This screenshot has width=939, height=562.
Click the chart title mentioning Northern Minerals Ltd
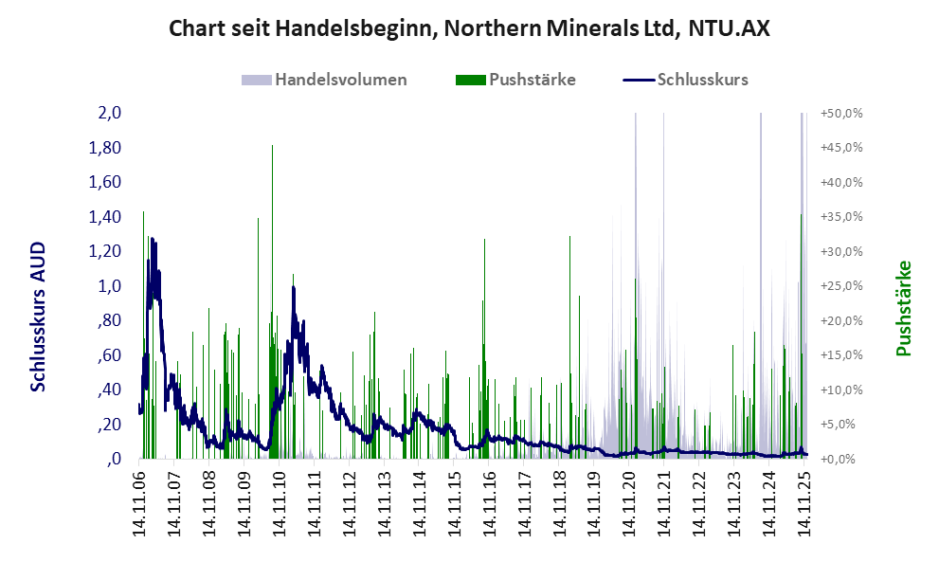pyautogui.click(x=469, y=28)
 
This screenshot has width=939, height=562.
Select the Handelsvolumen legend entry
pyautogui.click(x=340, y=80)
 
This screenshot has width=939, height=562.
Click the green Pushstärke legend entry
pyautogui.click(x=532, y=80)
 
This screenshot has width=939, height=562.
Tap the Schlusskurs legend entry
pyautogui.click(x=702, y=80)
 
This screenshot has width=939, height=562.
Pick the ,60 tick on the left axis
pyautogui.click(x=108, y=355)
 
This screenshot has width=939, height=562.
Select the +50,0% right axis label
pyautogui.click(x=841, y=113)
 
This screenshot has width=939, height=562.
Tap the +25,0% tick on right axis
pyautogui.click(x=841, y=286)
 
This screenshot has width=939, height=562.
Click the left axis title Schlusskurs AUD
pyautogui.click(x=38, y=316)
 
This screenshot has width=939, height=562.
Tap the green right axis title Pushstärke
pyautogui.click(x=903, y=308)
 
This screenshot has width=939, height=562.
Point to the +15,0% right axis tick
pyautogui.click(x=841, y=355)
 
